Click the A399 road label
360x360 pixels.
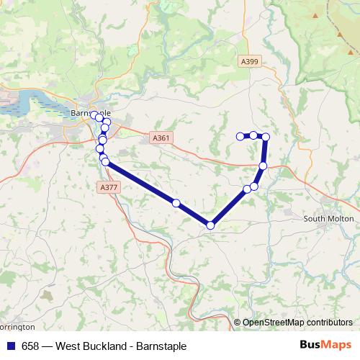(x=250, y=62)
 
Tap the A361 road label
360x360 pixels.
(x=161, y=137)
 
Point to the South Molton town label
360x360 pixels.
(x=328, y=218)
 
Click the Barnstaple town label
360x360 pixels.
(x=91, y=114)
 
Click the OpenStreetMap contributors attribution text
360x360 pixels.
(x=297, y=323)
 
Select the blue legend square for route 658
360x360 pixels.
(x=11, y=346)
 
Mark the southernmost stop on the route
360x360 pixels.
(x=210, y=225)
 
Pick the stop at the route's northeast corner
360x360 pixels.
(x=266, y=137)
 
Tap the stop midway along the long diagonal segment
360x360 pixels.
(x=176, y=202)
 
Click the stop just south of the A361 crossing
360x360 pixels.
(x=263, y=166)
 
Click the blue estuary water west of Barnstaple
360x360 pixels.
(x=22, y=109)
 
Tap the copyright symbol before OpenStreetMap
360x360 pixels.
(x=238, y=323)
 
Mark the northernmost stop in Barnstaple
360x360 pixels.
(x=94, y=114)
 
